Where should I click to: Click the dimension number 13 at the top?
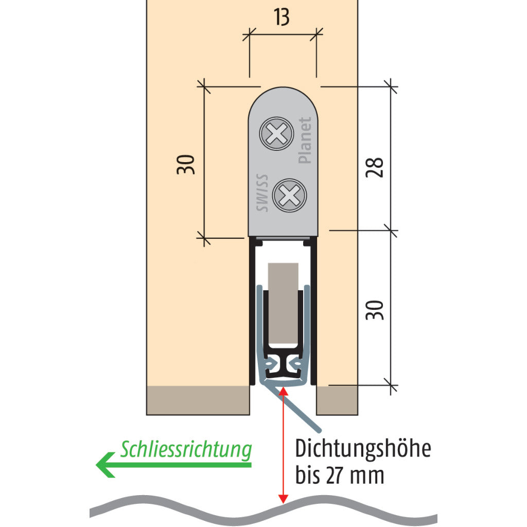[282, 17]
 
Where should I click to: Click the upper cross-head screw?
[276, 134]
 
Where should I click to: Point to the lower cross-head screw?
[289, 196]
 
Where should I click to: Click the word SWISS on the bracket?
[262, 194]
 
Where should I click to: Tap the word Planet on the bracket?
[305, 140]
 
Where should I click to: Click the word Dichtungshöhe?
[362, 449]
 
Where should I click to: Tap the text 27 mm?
[355, 476]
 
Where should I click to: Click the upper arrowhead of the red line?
[282, 392]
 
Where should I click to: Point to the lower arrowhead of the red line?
[282, 499]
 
